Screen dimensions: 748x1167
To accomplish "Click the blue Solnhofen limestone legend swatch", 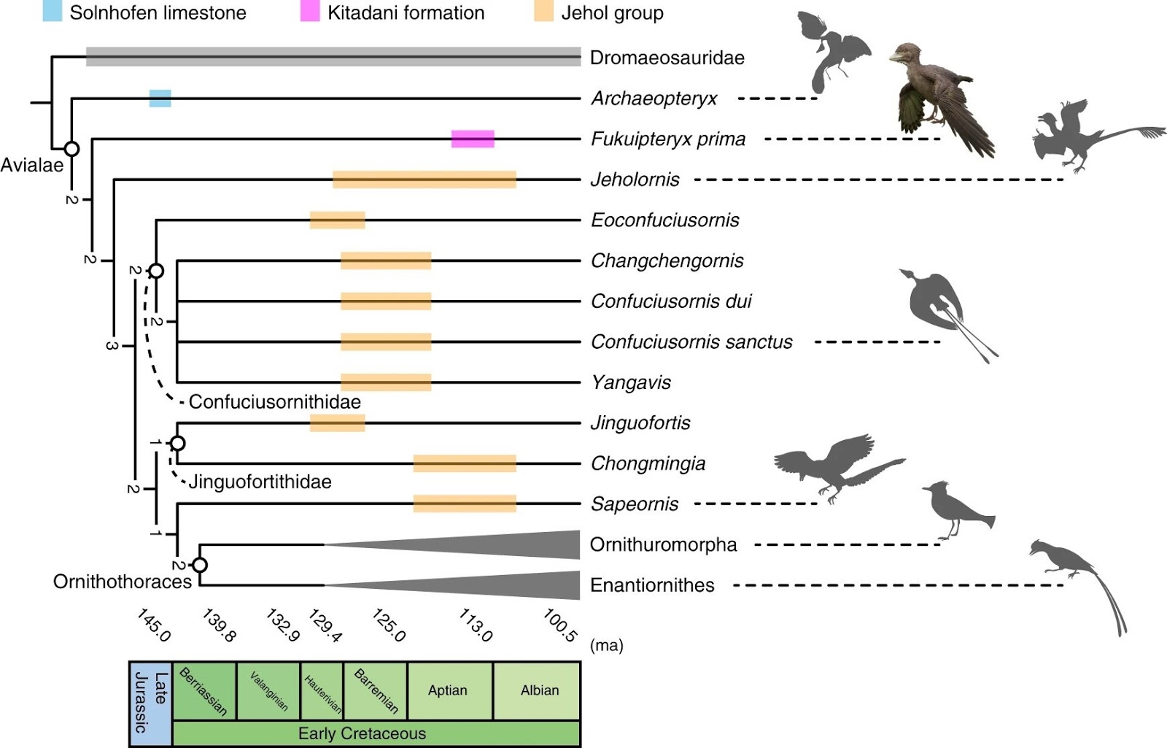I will click(53, 12).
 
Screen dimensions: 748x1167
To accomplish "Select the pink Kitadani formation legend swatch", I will click(310, 12).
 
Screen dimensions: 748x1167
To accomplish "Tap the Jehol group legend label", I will click(612, 13).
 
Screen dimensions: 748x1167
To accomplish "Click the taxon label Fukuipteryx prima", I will click(668, 139).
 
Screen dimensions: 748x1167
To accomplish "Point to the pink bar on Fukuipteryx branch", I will click(473, 139).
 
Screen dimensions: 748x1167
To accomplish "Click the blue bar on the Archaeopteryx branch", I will click(160, 99).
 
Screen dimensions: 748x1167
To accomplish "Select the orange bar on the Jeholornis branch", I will click(424, 180).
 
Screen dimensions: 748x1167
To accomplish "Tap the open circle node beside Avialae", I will click(71, 149).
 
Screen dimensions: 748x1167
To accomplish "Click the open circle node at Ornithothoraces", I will click(200, 565).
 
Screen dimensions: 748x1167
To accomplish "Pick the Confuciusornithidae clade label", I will click(274, 402).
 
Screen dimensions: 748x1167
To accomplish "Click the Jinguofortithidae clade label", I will click(260, 482).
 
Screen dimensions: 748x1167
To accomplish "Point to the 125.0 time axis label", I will click(389, 625).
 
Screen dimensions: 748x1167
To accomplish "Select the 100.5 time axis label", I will click(560, 625).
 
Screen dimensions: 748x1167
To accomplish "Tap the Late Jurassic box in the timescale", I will click(150, 703).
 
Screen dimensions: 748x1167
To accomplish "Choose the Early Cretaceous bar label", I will click(362, 733).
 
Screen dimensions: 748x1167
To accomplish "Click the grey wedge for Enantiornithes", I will click(511, 585).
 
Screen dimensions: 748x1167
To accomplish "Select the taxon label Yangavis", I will click(631, 382).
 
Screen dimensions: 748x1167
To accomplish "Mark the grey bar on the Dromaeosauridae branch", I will click(333, 57).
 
